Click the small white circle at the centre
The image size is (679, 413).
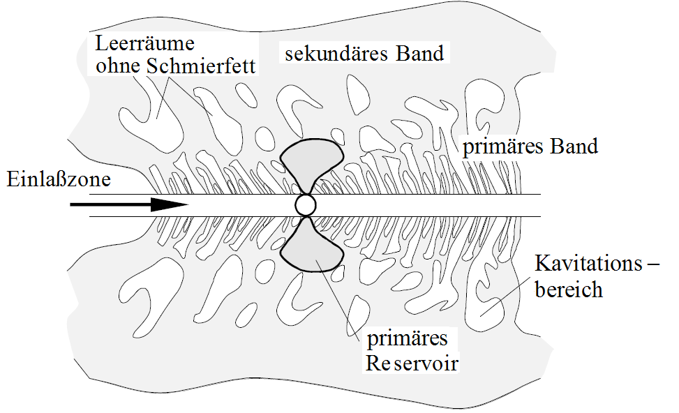coord(306,205)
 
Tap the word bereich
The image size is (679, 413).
coord(568,289)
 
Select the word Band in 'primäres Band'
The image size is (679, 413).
coord(575,147)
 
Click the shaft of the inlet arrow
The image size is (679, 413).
coord(112,205)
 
